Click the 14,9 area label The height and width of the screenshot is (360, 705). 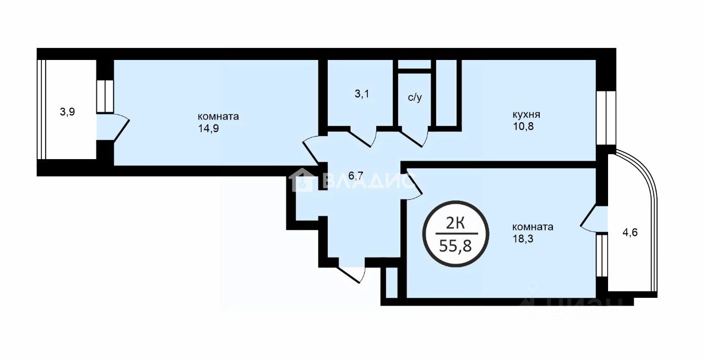pos(208,129)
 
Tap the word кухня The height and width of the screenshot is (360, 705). pos(526,114)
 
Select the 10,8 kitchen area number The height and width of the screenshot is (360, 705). pos(523,127)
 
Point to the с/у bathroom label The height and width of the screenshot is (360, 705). pos(415,97)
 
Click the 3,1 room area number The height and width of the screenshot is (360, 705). pos(362,94)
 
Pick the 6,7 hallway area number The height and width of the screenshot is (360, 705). pos(356,176)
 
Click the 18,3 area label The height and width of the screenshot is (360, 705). pos(523,239)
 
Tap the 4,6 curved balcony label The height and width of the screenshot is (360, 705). pos(630,232)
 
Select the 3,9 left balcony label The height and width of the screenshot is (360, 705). pos(67,112)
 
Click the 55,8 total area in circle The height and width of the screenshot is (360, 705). pos(455,246)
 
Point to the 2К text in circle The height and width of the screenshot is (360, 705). pos(455,223)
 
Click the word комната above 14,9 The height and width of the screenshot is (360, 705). pos(218,117)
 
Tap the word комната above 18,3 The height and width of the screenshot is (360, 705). pos(533,227)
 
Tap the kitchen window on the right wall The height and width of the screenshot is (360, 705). pos(606,118)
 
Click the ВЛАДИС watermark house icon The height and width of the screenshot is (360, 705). pos(301,180)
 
